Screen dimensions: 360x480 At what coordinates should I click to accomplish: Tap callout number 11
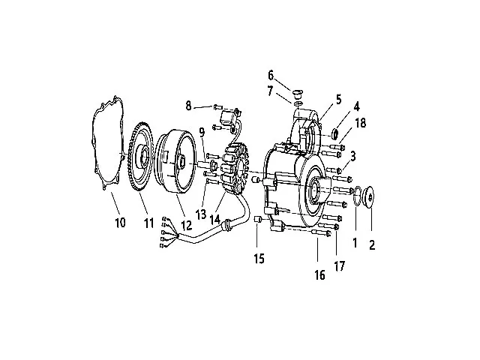(149, 223)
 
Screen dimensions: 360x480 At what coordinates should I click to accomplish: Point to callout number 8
(189, 106)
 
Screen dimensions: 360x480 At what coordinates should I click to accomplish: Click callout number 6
(271, 74)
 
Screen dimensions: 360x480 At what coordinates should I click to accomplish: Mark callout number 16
(319, 274)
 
